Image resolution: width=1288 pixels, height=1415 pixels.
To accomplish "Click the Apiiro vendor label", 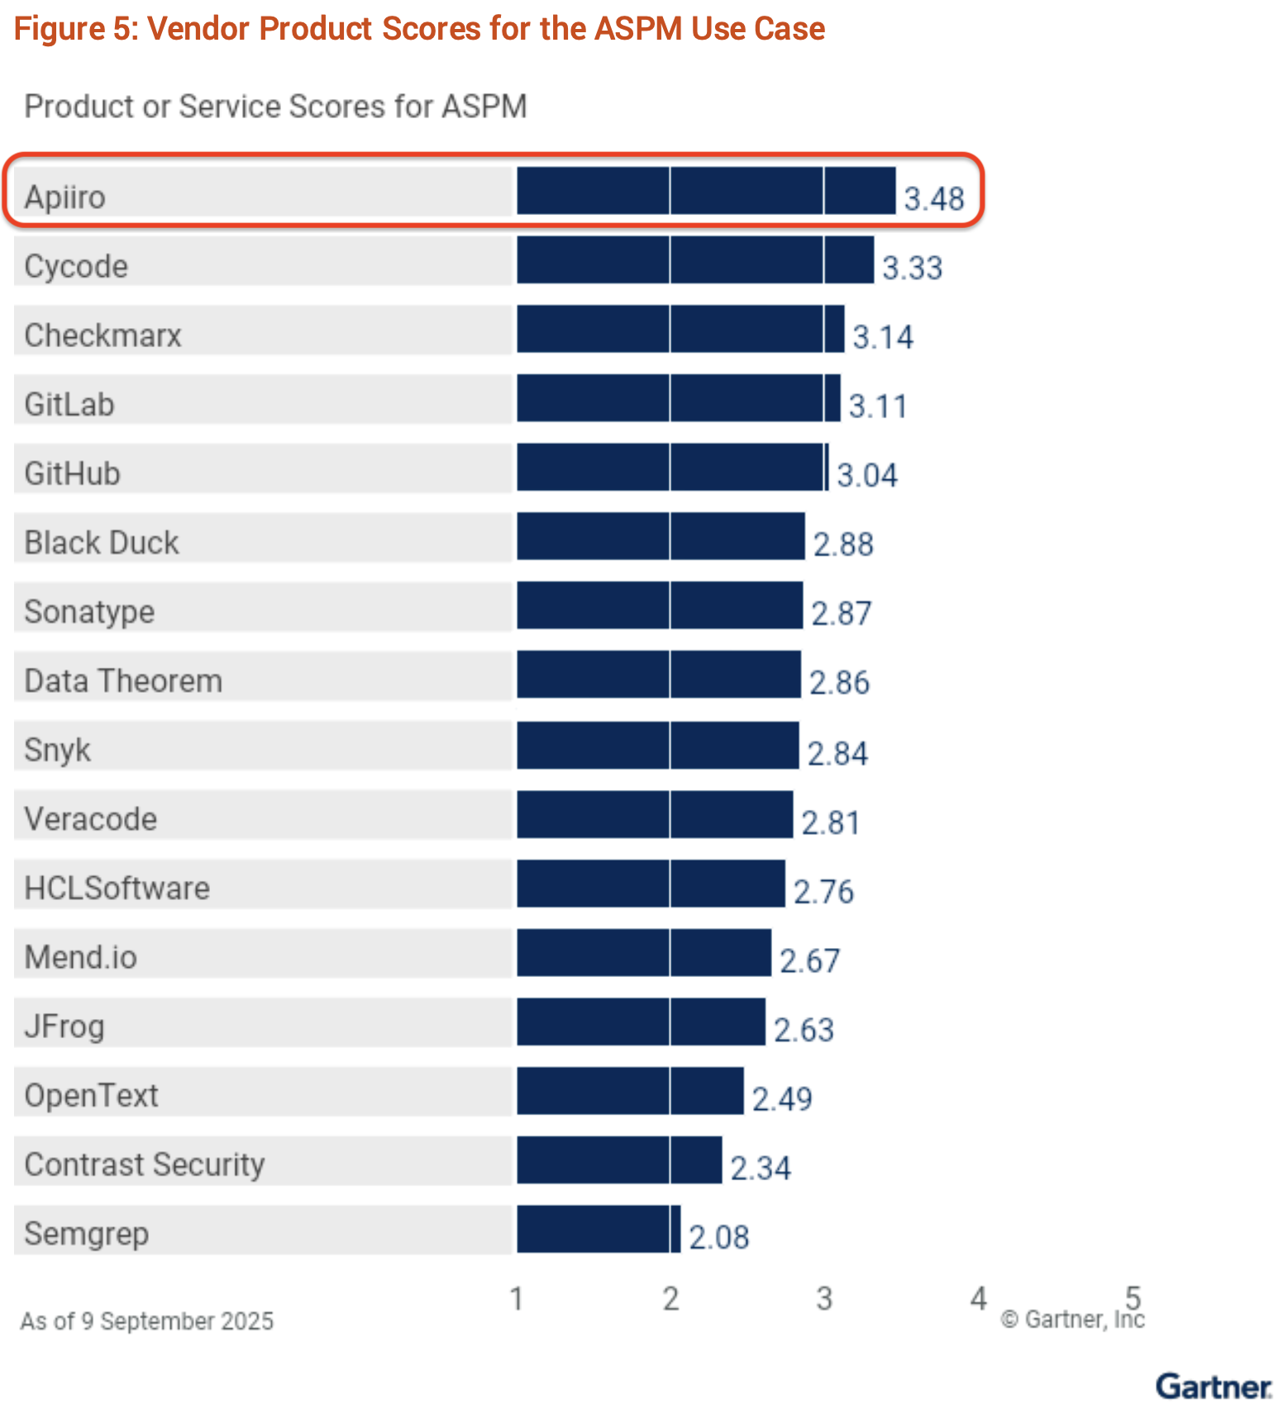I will [x=65, y=198].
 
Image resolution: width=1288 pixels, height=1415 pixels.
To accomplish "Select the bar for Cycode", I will [x=694, y=260].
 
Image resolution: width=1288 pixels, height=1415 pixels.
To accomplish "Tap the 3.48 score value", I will [x=933, y=199].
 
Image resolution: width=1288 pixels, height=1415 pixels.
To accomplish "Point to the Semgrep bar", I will [x=598, y=1229].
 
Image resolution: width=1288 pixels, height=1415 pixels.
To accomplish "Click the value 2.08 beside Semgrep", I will [x=718, y=1237].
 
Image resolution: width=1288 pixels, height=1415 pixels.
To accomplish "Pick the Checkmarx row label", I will [x=103, y=336].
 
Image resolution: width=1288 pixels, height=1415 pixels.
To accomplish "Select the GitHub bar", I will [x=672, y=467].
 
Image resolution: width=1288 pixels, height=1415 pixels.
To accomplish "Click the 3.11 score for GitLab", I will [x=878, y=407].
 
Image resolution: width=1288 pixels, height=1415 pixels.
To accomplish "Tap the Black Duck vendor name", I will [x=102, y=543].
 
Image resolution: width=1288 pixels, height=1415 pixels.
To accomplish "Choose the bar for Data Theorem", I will [x=658, y=674].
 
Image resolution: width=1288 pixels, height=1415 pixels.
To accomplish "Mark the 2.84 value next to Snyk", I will [x=837, y=754].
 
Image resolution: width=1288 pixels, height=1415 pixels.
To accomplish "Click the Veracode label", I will [x=91, y=819].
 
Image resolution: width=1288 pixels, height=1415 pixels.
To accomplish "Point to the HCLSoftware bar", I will [x=651, y=884].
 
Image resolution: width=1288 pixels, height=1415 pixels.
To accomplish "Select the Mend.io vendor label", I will [x=81, y=957].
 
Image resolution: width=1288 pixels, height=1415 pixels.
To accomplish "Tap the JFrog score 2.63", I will [x=804, y=1030].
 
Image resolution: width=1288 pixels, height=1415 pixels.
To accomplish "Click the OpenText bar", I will [x=630, y=1091].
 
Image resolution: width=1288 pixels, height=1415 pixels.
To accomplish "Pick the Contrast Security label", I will [x=145, y=1165].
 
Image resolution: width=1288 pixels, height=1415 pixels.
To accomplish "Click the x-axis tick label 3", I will [x=824, y=1299].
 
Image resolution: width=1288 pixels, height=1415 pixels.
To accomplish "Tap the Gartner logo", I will [x=1213, y=1386].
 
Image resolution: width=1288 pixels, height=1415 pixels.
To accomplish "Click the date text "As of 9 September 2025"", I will [x=147, y=1322].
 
